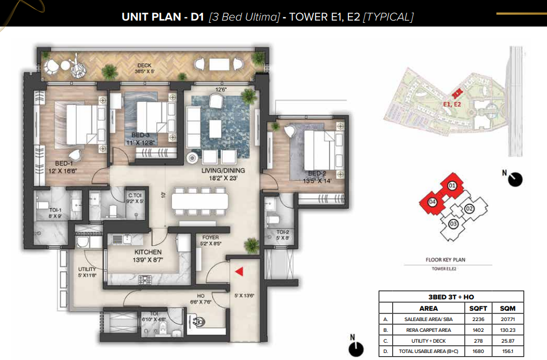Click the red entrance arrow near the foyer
pos(239,271)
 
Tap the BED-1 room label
pos(64,163)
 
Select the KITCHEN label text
pos(148,252)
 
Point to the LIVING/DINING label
pos(223,171)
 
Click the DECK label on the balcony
pos(144,66)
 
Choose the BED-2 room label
pos(317,174)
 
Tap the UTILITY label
pos(87,269)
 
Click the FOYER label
pos(210,238)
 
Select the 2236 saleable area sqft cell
pos(478,319)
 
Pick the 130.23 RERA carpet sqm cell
pos(508,330)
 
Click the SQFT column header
pos(478,309)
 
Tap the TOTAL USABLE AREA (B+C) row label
pos(429,351)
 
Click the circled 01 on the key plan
pos(452,185)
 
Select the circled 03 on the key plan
pos(453,224)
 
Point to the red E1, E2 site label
pos(452,104)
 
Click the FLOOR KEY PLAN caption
pos(445,260)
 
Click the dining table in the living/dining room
pos(200,202)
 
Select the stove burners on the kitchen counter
pos(145,280)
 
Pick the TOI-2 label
pos(282,232)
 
